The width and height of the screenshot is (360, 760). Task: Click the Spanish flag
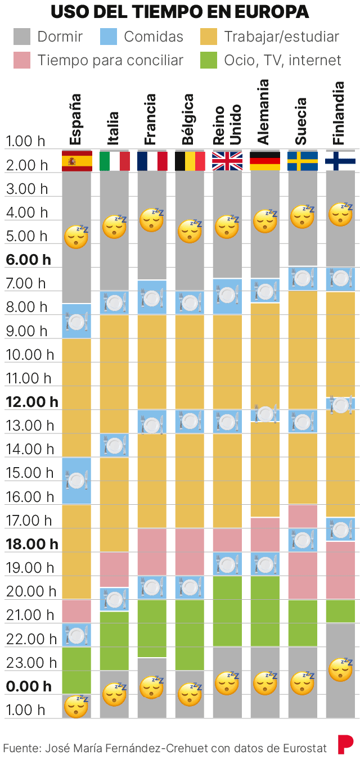(76, 161)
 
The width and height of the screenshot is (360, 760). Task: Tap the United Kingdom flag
(227, 161)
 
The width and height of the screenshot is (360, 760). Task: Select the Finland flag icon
(340, 161)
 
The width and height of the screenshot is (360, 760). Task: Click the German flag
(265, 161)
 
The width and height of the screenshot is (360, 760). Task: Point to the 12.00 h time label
(32, 402)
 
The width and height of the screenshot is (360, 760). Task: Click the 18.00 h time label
(32, 544)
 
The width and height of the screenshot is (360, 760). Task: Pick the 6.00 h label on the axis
(28, 260)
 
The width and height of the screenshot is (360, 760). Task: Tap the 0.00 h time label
(28, 686)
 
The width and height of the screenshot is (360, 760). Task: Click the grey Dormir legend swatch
(22, 37)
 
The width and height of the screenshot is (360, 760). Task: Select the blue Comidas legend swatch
(109, 37)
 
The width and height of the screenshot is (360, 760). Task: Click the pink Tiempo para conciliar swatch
(22, 61)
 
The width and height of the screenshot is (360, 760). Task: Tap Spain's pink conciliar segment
(76, 612)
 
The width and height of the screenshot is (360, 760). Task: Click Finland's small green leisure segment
(340, 612)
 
